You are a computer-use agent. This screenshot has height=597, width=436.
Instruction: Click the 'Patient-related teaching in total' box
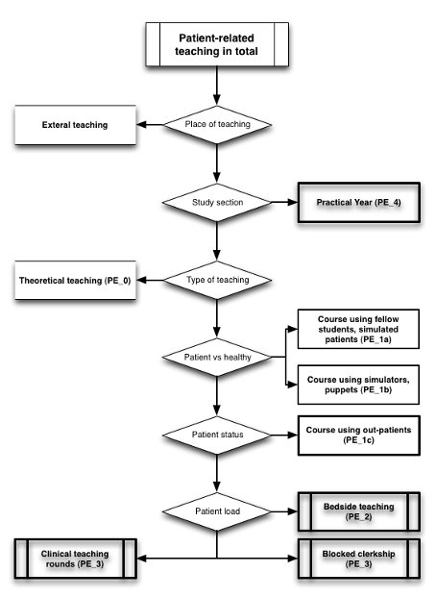(217, 44)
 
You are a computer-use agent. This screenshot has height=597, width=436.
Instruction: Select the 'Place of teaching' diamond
(217, 125)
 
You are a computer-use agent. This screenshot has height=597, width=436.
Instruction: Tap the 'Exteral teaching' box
(75, 125)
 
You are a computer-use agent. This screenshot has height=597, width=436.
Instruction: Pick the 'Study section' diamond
(217, 202)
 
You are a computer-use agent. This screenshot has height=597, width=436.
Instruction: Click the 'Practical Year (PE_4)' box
(359, 202)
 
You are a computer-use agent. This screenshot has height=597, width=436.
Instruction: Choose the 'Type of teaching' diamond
(217, 280)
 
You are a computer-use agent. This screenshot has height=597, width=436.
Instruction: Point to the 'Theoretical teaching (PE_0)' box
(75, 280)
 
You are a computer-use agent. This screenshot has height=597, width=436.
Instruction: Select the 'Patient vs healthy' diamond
(217, 357)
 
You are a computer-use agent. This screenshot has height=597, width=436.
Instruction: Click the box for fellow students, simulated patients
(358, 329)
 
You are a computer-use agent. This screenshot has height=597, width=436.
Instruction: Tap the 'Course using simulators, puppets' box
(358, 385)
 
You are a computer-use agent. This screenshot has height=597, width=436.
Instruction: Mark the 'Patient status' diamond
(217, 435)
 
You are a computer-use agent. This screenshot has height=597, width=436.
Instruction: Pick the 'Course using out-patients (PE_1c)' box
(359, 435)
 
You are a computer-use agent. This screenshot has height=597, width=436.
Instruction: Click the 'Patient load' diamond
(217, 511)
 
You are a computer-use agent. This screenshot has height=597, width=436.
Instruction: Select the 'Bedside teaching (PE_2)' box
(359, 511)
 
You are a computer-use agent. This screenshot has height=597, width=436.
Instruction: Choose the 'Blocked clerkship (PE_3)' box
(359, 559)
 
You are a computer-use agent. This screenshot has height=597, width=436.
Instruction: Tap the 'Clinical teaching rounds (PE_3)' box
(75, 559)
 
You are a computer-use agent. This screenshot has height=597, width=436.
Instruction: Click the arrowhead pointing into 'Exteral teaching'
(141, 125)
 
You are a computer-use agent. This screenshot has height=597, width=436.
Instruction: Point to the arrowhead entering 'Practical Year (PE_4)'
(293, 202)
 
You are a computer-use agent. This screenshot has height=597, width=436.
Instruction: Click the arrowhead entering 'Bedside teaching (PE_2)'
(293, 511)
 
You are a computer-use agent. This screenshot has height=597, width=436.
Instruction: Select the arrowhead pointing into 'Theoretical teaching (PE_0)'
(141, 280)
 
